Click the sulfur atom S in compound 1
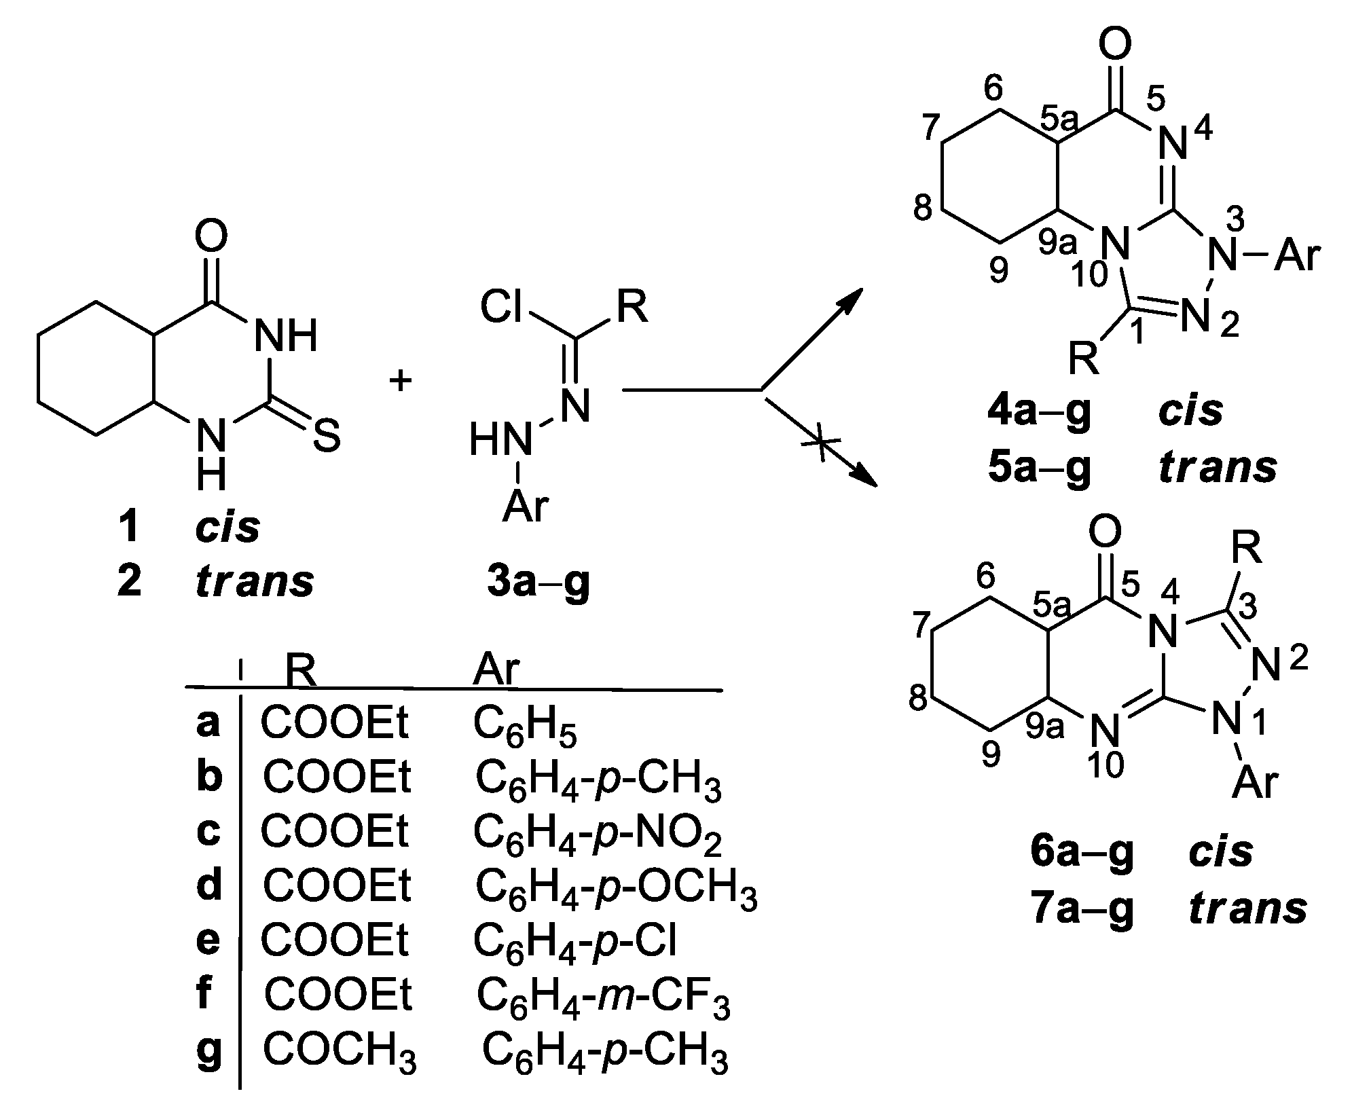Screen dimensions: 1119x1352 click(326, 438)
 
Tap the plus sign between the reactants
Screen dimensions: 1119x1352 click(401, 382)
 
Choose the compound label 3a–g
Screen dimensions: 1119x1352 click(538, 583)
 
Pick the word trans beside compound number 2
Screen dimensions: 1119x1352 click(255, 582)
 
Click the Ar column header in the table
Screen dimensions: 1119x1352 click(496, 669)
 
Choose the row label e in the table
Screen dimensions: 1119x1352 click(208, 940)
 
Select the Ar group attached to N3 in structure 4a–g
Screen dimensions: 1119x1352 click(1296, 258)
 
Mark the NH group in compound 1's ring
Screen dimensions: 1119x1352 click(285, 335)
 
